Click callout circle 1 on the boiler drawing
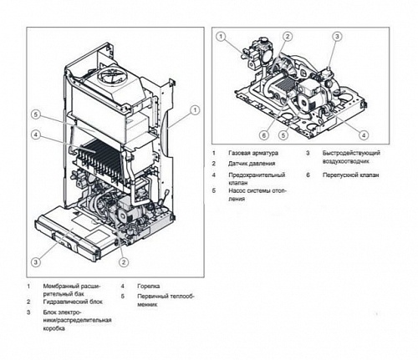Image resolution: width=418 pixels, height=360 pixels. pos(195,109)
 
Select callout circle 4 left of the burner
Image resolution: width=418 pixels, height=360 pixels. pos(36,134)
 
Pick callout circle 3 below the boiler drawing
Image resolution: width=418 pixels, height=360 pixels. pos(36,262)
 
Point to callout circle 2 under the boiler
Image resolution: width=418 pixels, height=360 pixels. pos(124,262)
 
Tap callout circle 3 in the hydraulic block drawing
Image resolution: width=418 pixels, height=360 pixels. pos(337,37)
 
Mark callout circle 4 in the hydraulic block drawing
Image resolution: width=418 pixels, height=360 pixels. pos(364,134)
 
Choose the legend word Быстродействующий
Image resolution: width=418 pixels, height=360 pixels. pos(349,154)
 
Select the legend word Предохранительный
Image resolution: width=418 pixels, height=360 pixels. pos(256,175)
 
